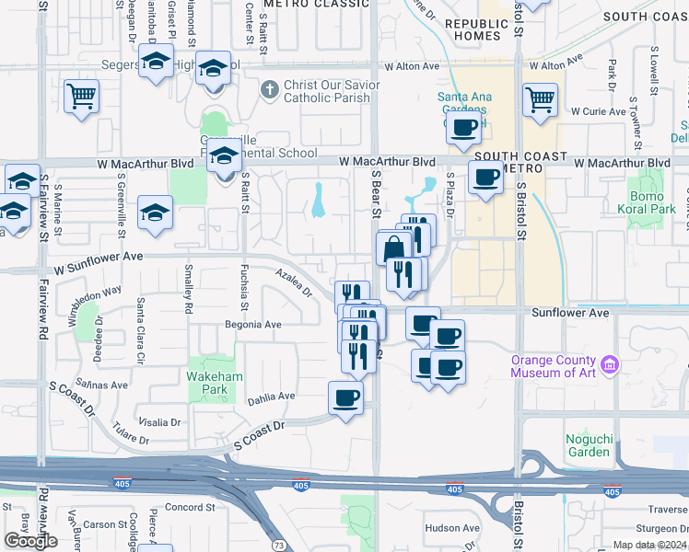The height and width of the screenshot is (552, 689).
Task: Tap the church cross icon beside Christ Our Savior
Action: [269, 89]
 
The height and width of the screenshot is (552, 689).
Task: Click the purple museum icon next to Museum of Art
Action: [609, 366]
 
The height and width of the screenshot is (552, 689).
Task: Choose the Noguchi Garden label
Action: [589, 445]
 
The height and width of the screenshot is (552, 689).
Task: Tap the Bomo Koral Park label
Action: [651, 203]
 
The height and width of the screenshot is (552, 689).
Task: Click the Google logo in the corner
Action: [30, 540]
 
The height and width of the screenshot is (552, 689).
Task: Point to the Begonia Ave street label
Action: [253, 325]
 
